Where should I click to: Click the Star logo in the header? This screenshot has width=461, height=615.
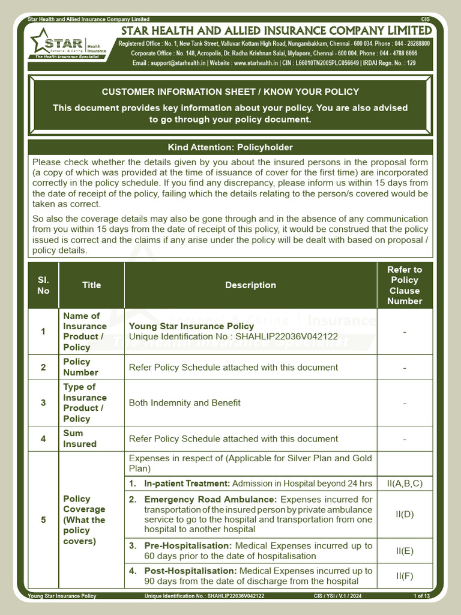(68, 44)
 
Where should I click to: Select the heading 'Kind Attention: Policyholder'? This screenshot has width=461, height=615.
(230, 147)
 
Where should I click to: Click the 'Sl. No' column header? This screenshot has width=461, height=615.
(43, 285)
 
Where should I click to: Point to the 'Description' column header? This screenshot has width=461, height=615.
(250, 285)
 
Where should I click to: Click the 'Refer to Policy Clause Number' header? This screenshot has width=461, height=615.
(405, 285)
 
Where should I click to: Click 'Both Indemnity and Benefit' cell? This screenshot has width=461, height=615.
(184, 403)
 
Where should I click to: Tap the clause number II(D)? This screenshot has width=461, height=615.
(405, 514)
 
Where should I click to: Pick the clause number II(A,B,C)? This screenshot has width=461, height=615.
(405, 483)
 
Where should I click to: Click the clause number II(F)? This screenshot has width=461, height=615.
(405, 576)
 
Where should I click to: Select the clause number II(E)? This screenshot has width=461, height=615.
(405, 551)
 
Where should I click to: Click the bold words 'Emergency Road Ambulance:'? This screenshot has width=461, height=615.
(211, 499)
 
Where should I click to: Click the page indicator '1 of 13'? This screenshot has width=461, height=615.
(421, 596)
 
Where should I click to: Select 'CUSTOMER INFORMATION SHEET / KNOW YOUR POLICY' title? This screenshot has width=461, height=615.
(230, 92)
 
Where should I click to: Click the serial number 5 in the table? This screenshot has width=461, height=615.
(43, 520)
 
